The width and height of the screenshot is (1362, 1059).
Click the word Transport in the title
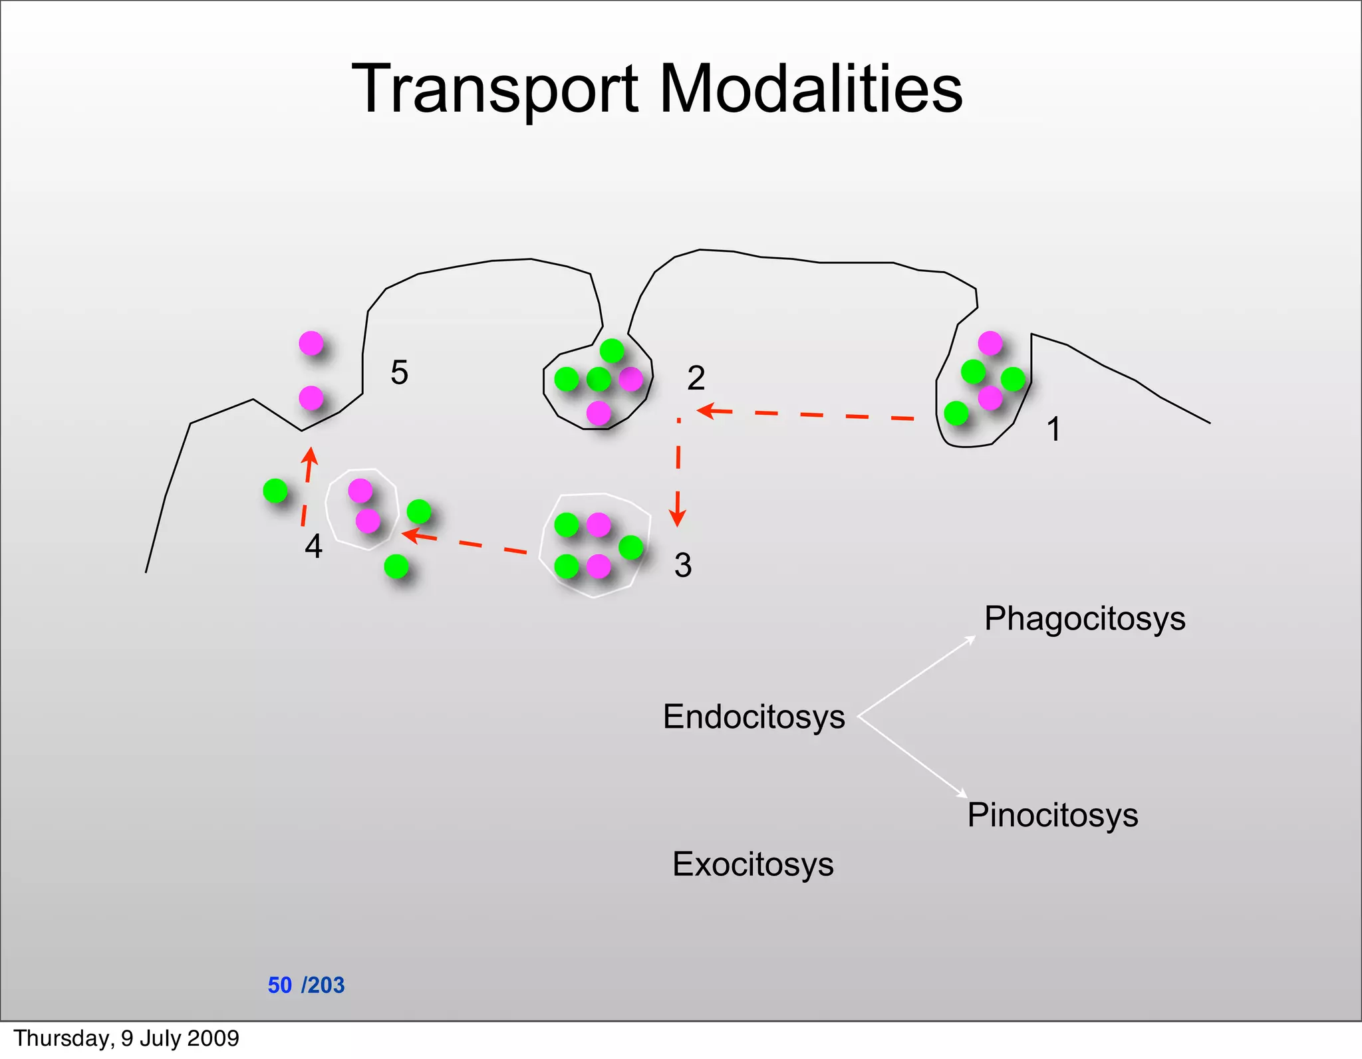[x=495, y=90]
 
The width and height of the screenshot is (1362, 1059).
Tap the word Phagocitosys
[x=1085, y=619]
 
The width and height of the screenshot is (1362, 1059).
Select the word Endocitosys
[x=753, y=717]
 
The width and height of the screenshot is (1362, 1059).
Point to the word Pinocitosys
[x=1052, y=815]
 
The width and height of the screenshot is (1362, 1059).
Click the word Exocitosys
[x=753, y=864]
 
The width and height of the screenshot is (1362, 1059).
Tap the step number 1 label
[x=1053, y=429]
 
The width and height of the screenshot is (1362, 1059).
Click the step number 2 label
[x=696, y=378]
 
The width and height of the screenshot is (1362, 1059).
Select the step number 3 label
[x=683, y=565]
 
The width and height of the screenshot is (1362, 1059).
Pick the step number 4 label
[x=313, y=546]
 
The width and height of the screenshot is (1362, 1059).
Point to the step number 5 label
[x=399, y=372]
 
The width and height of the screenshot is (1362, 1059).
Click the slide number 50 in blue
[x=279, y=985]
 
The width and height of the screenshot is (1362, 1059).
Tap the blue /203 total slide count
[x=323, y=985]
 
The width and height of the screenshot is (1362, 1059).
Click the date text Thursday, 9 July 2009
[x=126, y=1038]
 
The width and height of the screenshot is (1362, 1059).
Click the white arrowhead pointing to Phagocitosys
[x=972, y=640]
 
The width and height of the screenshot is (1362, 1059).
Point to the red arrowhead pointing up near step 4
[x=309, y=456]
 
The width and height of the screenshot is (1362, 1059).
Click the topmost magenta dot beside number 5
[x=311, y=344]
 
